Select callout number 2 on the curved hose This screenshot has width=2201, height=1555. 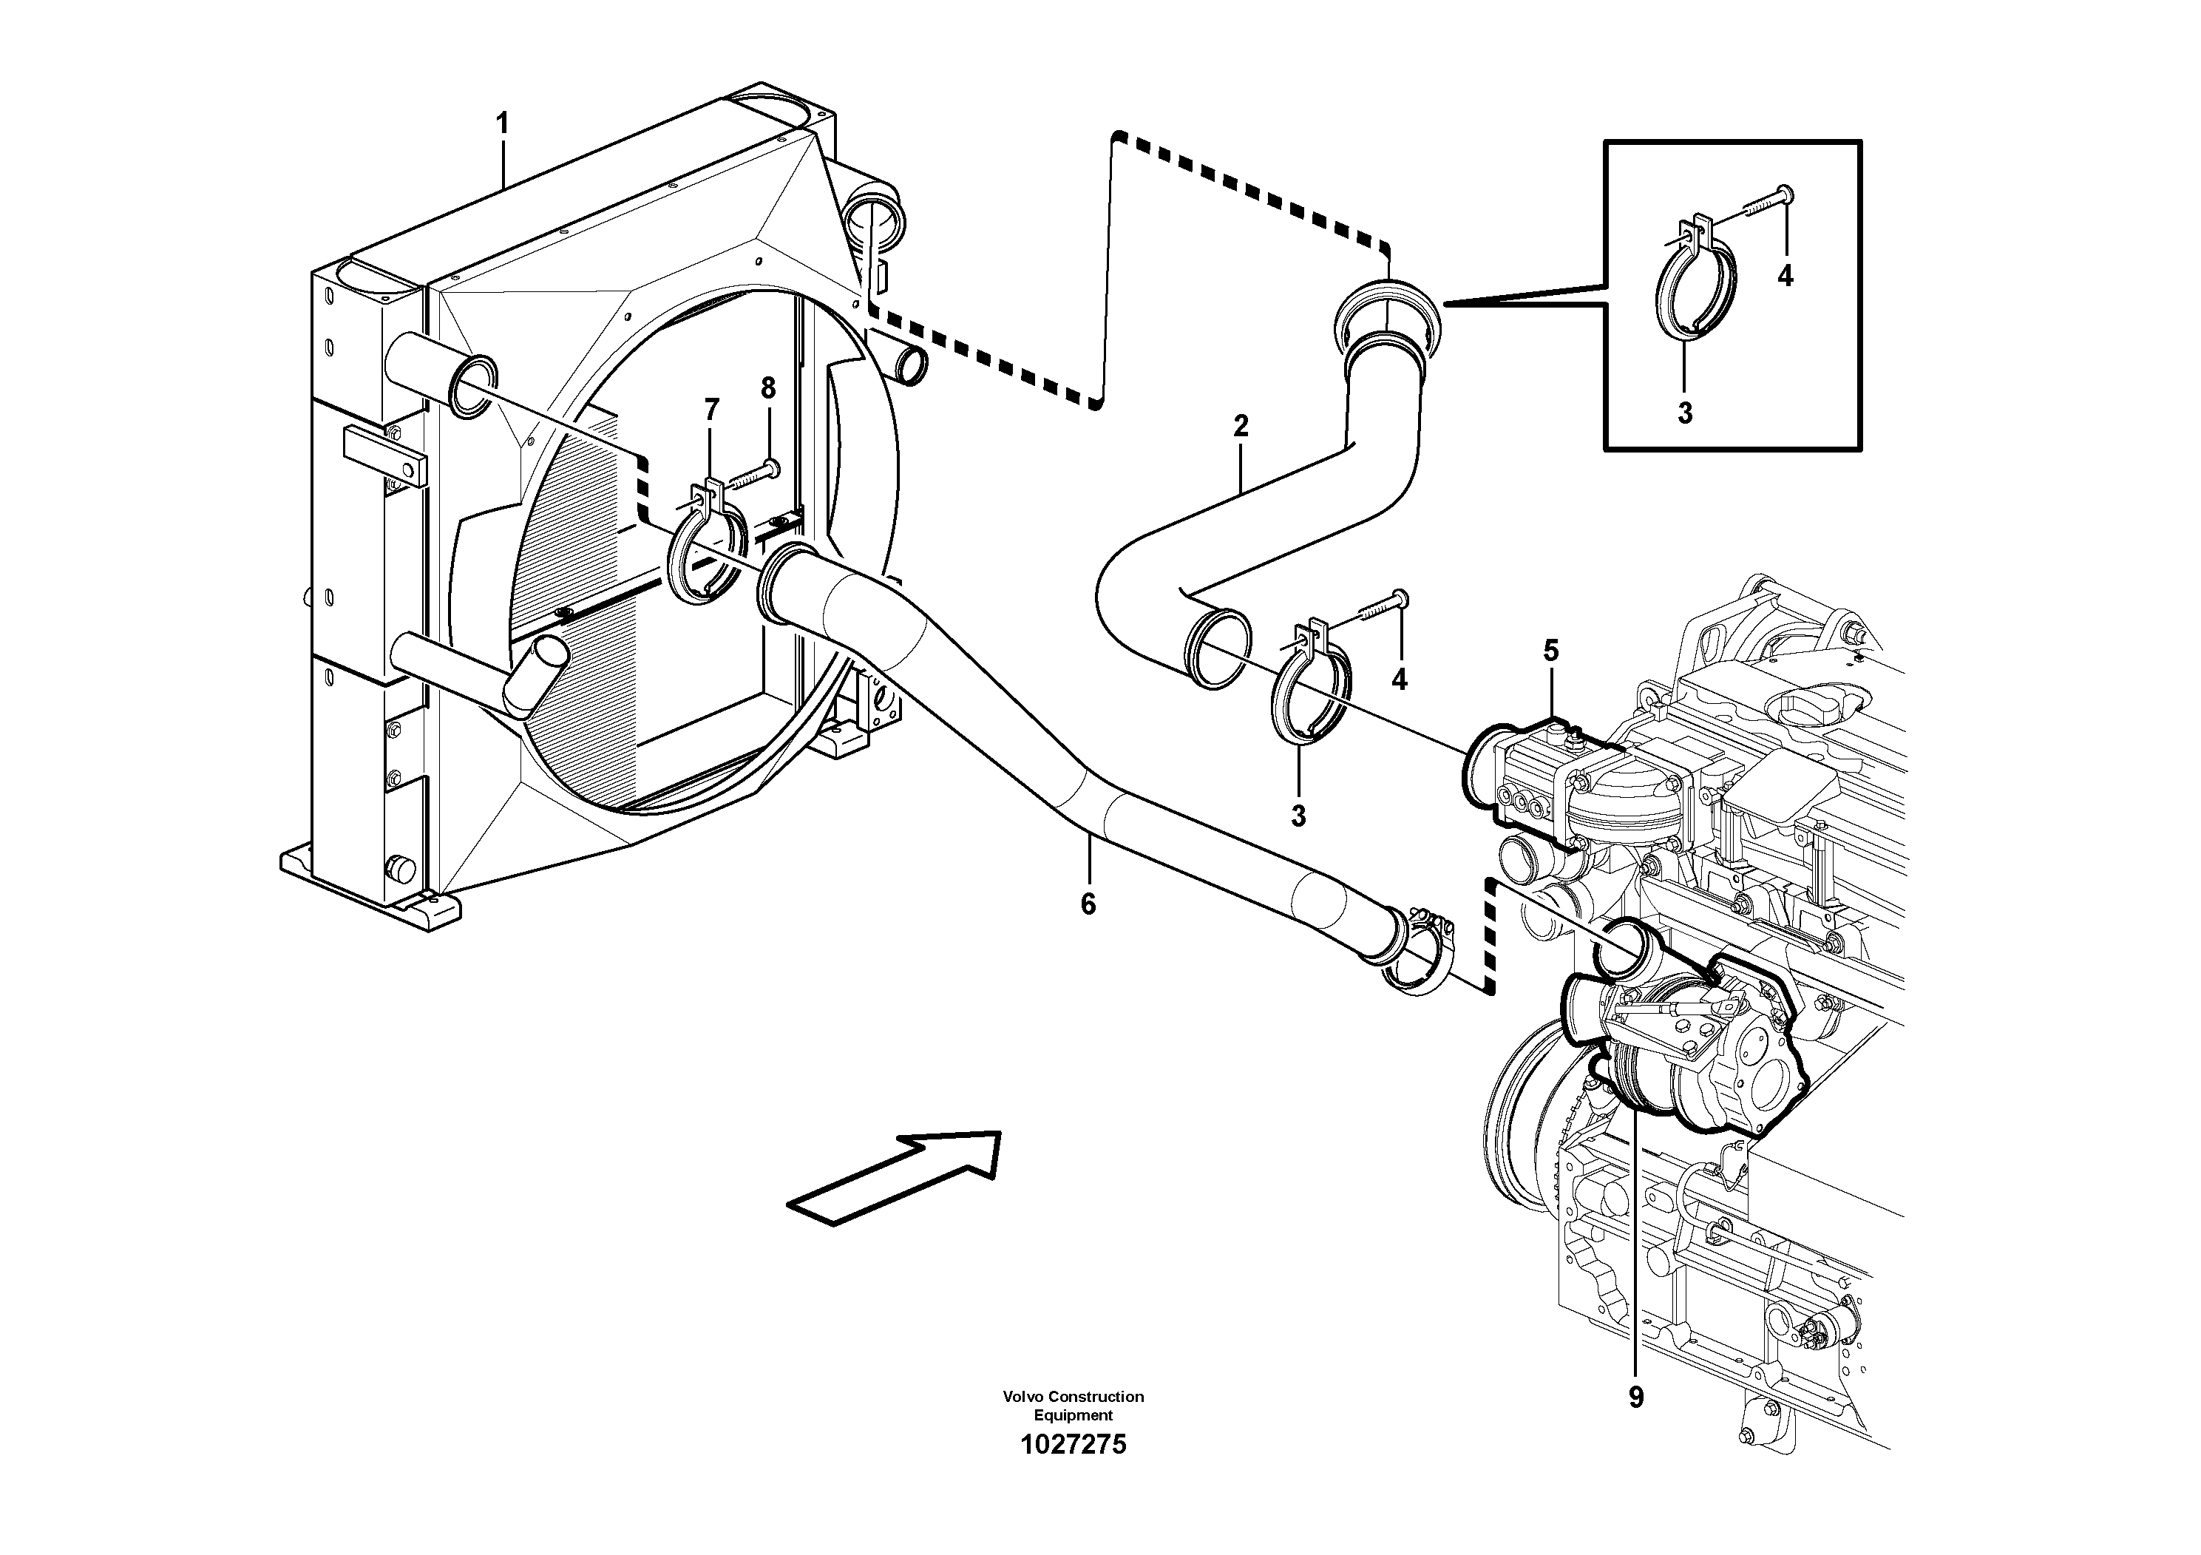tap(1241, 426)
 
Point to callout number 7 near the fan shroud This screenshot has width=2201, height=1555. tap(711, 410)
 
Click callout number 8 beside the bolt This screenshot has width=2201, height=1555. tap(768, 388)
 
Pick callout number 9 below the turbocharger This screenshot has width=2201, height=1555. tap(1635, 1397)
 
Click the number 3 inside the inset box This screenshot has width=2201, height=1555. tap(1684, 413)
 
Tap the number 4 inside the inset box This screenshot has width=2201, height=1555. tap(1784, 276)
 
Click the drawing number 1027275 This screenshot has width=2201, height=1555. tap(1074, 1445)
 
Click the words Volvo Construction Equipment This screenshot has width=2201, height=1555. tap(1074, 1406)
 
